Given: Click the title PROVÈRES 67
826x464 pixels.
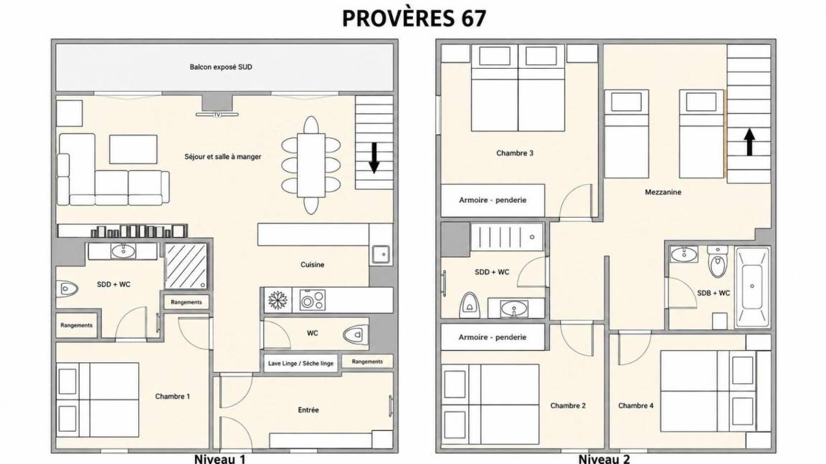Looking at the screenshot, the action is (414, 18).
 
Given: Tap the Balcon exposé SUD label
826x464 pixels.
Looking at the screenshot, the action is (221, 67).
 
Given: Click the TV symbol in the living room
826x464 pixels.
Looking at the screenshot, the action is (217, 114).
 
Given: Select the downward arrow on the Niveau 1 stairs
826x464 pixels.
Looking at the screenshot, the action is (374, 158).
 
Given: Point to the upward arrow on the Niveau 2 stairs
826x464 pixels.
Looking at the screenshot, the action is (749, 142).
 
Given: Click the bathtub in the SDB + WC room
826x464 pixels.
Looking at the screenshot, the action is (751, 286).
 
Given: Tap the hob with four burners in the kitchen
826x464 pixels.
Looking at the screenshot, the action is (313, 301).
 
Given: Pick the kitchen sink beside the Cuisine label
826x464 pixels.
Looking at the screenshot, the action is (380, 254).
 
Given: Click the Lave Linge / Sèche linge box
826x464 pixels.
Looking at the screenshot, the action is (300, 363).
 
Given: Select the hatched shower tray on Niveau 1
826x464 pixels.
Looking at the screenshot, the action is (186, 266).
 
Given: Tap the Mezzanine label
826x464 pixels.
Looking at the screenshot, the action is (663, 192).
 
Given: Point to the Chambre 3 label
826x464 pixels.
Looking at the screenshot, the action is (515, 153).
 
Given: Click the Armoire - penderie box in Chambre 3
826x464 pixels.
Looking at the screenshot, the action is (493, 200).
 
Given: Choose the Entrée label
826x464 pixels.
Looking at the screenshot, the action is (308, 410).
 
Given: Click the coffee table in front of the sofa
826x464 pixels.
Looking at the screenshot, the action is (133, 150).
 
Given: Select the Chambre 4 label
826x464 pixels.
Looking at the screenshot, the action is (636, 405).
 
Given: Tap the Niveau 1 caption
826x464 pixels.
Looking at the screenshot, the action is (219, 459).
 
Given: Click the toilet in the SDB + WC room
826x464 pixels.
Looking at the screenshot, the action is (718, 261).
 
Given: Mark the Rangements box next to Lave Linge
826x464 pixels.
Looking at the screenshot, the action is (367, 362).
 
